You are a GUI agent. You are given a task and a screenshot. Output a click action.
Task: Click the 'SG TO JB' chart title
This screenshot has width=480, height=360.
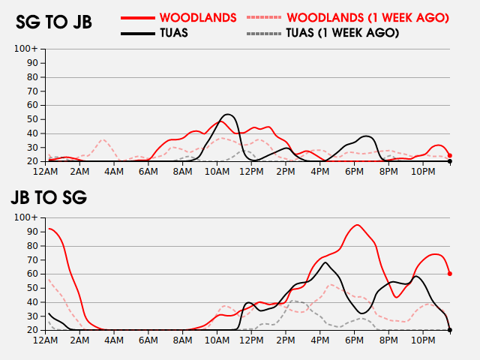54,22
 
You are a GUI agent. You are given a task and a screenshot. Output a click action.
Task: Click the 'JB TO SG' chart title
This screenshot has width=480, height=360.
49,198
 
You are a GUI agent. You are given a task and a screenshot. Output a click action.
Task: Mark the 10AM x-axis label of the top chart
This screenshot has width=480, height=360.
217,172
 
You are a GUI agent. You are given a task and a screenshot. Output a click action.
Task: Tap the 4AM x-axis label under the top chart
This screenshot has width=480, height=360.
115,172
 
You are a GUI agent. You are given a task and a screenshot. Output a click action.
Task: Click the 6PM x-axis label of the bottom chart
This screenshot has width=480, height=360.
355,340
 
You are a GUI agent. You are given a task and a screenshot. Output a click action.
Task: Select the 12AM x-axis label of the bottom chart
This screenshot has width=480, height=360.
46,340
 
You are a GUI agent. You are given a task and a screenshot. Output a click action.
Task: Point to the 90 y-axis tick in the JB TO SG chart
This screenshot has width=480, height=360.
33,231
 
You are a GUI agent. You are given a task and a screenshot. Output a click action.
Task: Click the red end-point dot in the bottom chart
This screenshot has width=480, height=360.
450,274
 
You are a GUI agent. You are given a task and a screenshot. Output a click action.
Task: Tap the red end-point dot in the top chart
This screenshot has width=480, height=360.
450,155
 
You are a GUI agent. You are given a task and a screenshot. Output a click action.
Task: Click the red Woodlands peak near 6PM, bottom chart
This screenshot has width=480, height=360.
358,225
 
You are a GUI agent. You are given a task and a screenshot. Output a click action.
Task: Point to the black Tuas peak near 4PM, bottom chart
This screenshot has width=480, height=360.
325,262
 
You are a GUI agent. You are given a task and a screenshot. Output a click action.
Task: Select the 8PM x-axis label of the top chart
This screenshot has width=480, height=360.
389,172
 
